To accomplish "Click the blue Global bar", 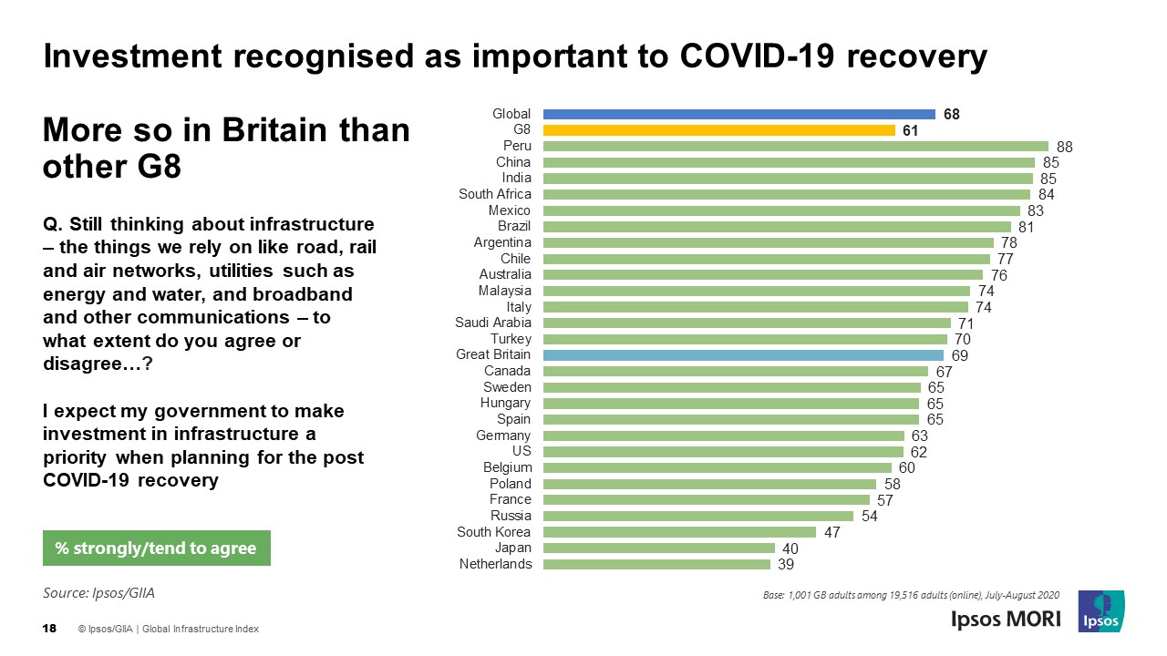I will coord(738,114).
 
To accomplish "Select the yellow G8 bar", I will coord(718,130).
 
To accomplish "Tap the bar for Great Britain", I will coord(743,355).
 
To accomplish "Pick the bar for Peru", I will coord(795,146).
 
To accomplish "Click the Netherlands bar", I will coord(656,564).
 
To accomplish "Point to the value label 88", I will coord(1065,147).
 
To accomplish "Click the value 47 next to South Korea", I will coord(831,532).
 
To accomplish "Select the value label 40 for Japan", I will coord(790,548).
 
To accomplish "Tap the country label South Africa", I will coord(494,194).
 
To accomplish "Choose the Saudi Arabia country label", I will coord(492,323).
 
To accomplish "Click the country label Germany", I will coord(503,436).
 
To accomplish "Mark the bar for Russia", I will coord(697,516).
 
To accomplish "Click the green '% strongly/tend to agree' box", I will coord(156,548).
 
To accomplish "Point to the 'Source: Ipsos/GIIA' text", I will coord(99,593).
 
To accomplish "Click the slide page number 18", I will coord(50,629).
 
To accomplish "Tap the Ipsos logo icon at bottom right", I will coord(1100,611).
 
